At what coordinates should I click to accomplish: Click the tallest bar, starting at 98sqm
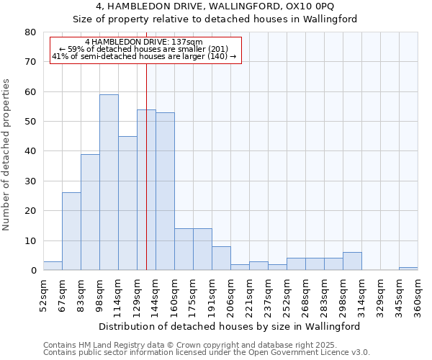point(109,182)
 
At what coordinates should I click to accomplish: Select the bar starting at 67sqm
point(71,231)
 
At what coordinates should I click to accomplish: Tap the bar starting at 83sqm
point(90,212)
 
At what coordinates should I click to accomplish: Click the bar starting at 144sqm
point(165,191)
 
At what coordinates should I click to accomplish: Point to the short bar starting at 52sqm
point(53,266)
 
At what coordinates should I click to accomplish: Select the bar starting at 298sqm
point(352,261)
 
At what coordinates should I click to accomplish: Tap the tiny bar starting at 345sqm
point(408,269)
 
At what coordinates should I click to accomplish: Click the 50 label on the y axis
point(30,122)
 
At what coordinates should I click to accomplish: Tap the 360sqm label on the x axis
point(418,295)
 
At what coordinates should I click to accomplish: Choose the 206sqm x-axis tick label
point(230,295)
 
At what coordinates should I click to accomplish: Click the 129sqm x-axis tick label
point(137,295)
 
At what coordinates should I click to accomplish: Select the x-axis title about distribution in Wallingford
point(230,326)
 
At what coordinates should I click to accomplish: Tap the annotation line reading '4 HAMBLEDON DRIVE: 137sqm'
point(143,42)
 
